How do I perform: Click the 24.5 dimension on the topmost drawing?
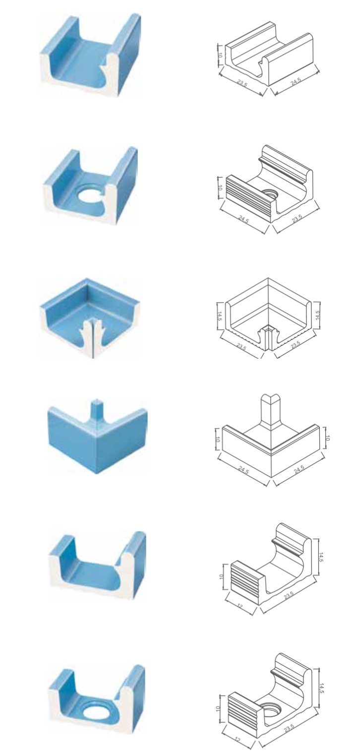[296, 81]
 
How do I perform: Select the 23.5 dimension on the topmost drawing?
[241, 83]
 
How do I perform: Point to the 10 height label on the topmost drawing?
[220, 56]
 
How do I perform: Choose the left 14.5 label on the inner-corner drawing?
[220, 316]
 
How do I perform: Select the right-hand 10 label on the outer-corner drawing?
[327, 438]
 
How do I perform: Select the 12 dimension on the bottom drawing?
[237, 740]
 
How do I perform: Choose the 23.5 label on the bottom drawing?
[289, 727]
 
